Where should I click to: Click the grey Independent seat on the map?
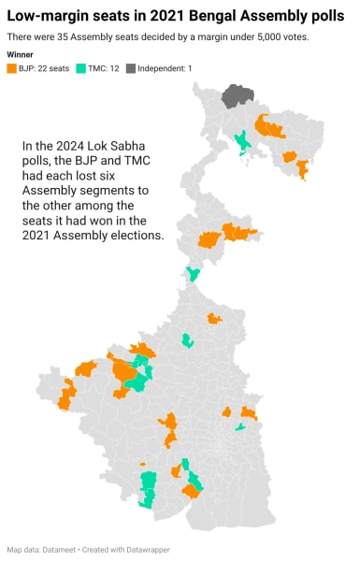[238, 95]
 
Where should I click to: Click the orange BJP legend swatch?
[11, 68]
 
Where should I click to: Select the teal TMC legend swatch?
[81, 68]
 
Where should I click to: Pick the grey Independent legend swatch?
[132, 68]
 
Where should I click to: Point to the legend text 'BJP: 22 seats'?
[43, 68]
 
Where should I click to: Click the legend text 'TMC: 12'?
[103, 68]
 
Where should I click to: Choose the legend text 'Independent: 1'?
[166, 68]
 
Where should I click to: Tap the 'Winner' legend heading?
[20, 55]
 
